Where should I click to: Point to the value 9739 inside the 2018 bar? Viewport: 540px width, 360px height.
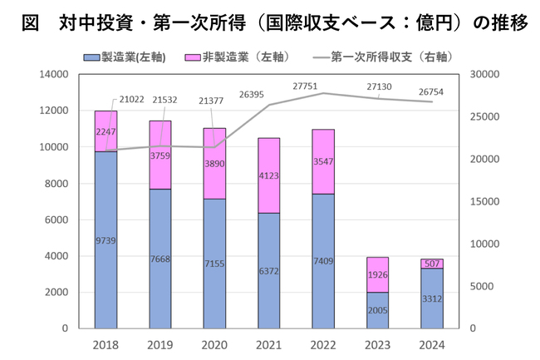(106, 239)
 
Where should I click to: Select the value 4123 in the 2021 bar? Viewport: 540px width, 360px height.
(268, 175)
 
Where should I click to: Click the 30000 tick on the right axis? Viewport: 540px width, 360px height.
(486, 74)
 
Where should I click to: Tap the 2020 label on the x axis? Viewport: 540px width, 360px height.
(214, 344)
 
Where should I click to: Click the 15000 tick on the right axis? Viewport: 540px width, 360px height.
(486, 201)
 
